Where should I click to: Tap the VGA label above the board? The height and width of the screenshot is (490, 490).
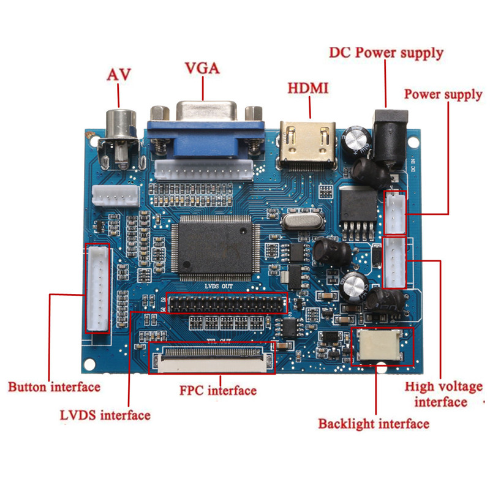tap(202, 67)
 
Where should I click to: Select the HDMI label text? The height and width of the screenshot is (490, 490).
tap(308, 88)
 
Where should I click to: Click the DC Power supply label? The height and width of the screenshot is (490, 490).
tap(386, 52)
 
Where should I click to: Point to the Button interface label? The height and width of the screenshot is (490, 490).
tap(54, 386)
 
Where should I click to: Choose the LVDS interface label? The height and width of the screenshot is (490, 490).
tap(105, 415)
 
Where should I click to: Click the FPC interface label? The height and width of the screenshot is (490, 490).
tap(217, 390)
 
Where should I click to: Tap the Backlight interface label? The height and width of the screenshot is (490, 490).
tap(374, 423)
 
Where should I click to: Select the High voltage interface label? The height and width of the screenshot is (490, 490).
tap(443, 394)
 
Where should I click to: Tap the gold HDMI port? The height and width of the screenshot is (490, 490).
tap(308, 146)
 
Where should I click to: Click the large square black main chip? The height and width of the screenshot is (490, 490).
tap(212, 248)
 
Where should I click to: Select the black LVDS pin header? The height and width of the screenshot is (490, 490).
tap(227, 303)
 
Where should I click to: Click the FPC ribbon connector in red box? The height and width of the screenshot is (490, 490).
tap(212, 359)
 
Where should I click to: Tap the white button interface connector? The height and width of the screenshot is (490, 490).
tap(99, 287)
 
